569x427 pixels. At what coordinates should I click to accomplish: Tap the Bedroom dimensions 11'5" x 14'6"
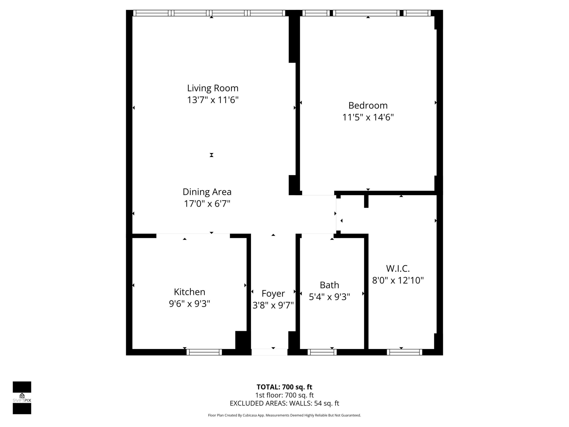pyautogui.click(x=368, y=117)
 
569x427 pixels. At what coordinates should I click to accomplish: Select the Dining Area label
pyautogui.click(x=207, y=192)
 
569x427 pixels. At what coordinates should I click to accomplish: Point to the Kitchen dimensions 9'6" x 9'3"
pyautogui.click(x=189, y=304)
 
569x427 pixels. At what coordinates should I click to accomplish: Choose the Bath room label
pyautogui.click(x=329, y=285)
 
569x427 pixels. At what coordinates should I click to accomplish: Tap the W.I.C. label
pyautogui.click(x=398, y=268)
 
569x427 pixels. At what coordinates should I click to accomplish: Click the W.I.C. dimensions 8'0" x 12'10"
pyautogui.click(x=398, y=280)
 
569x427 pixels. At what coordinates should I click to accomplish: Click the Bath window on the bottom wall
pyautogui.click(x=322, y=352)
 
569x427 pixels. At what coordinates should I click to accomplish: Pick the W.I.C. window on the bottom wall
pyautogui.click(x=404, y=352)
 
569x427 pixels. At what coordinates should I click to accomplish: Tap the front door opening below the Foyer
pyautogui.click(x=269, y=352)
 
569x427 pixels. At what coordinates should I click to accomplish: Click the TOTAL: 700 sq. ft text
pyautogui.click(x=284, y=387)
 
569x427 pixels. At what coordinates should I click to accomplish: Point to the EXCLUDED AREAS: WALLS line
pyautogui.click(x=284, y=403)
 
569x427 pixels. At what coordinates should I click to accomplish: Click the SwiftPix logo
pyautogui.click(x=22, y=398)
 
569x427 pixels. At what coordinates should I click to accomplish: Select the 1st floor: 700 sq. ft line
pyautogui.click(x=284, y=395)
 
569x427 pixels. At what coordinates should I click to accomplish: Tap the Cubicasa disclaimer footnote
pyautogui.click(x=284, y=415)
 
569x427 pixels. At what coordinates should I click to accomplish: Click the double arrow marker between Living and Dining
pyautogui.click(x=211, y=155)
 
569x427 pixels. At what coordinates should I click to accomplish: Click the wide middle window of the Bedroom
pyautogui.click(x=366, y=13)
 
